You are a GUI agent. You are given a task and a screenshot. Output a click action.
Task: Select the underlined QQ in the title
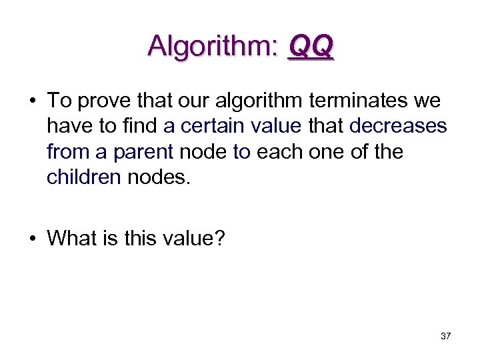(x=310, y=46)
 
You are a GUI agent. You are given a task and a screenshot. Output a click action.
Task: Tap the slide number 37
(x=446, y=336)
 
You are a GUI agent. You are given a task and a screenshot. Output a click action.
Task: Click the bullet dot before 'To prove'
(x=32, y=101)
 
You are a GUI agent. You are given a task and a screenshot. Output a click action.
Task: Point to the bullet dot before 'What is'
(x=32, y=237)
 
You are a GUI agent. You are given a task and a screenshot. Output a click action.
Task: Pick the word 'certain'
(x=212, y=127)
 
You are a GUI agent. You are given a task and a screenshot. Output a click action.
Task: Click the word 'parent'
(x=143, y=152)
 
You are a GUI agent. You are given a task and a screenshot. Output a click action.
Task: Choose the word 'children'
(x=83, y=177)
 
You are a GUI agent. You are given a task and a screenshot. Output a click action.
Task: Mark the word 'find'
(x=139, y=127)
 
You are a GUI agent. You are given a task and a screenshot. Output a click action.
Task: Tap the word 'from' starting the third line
(x=69, y=152)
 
